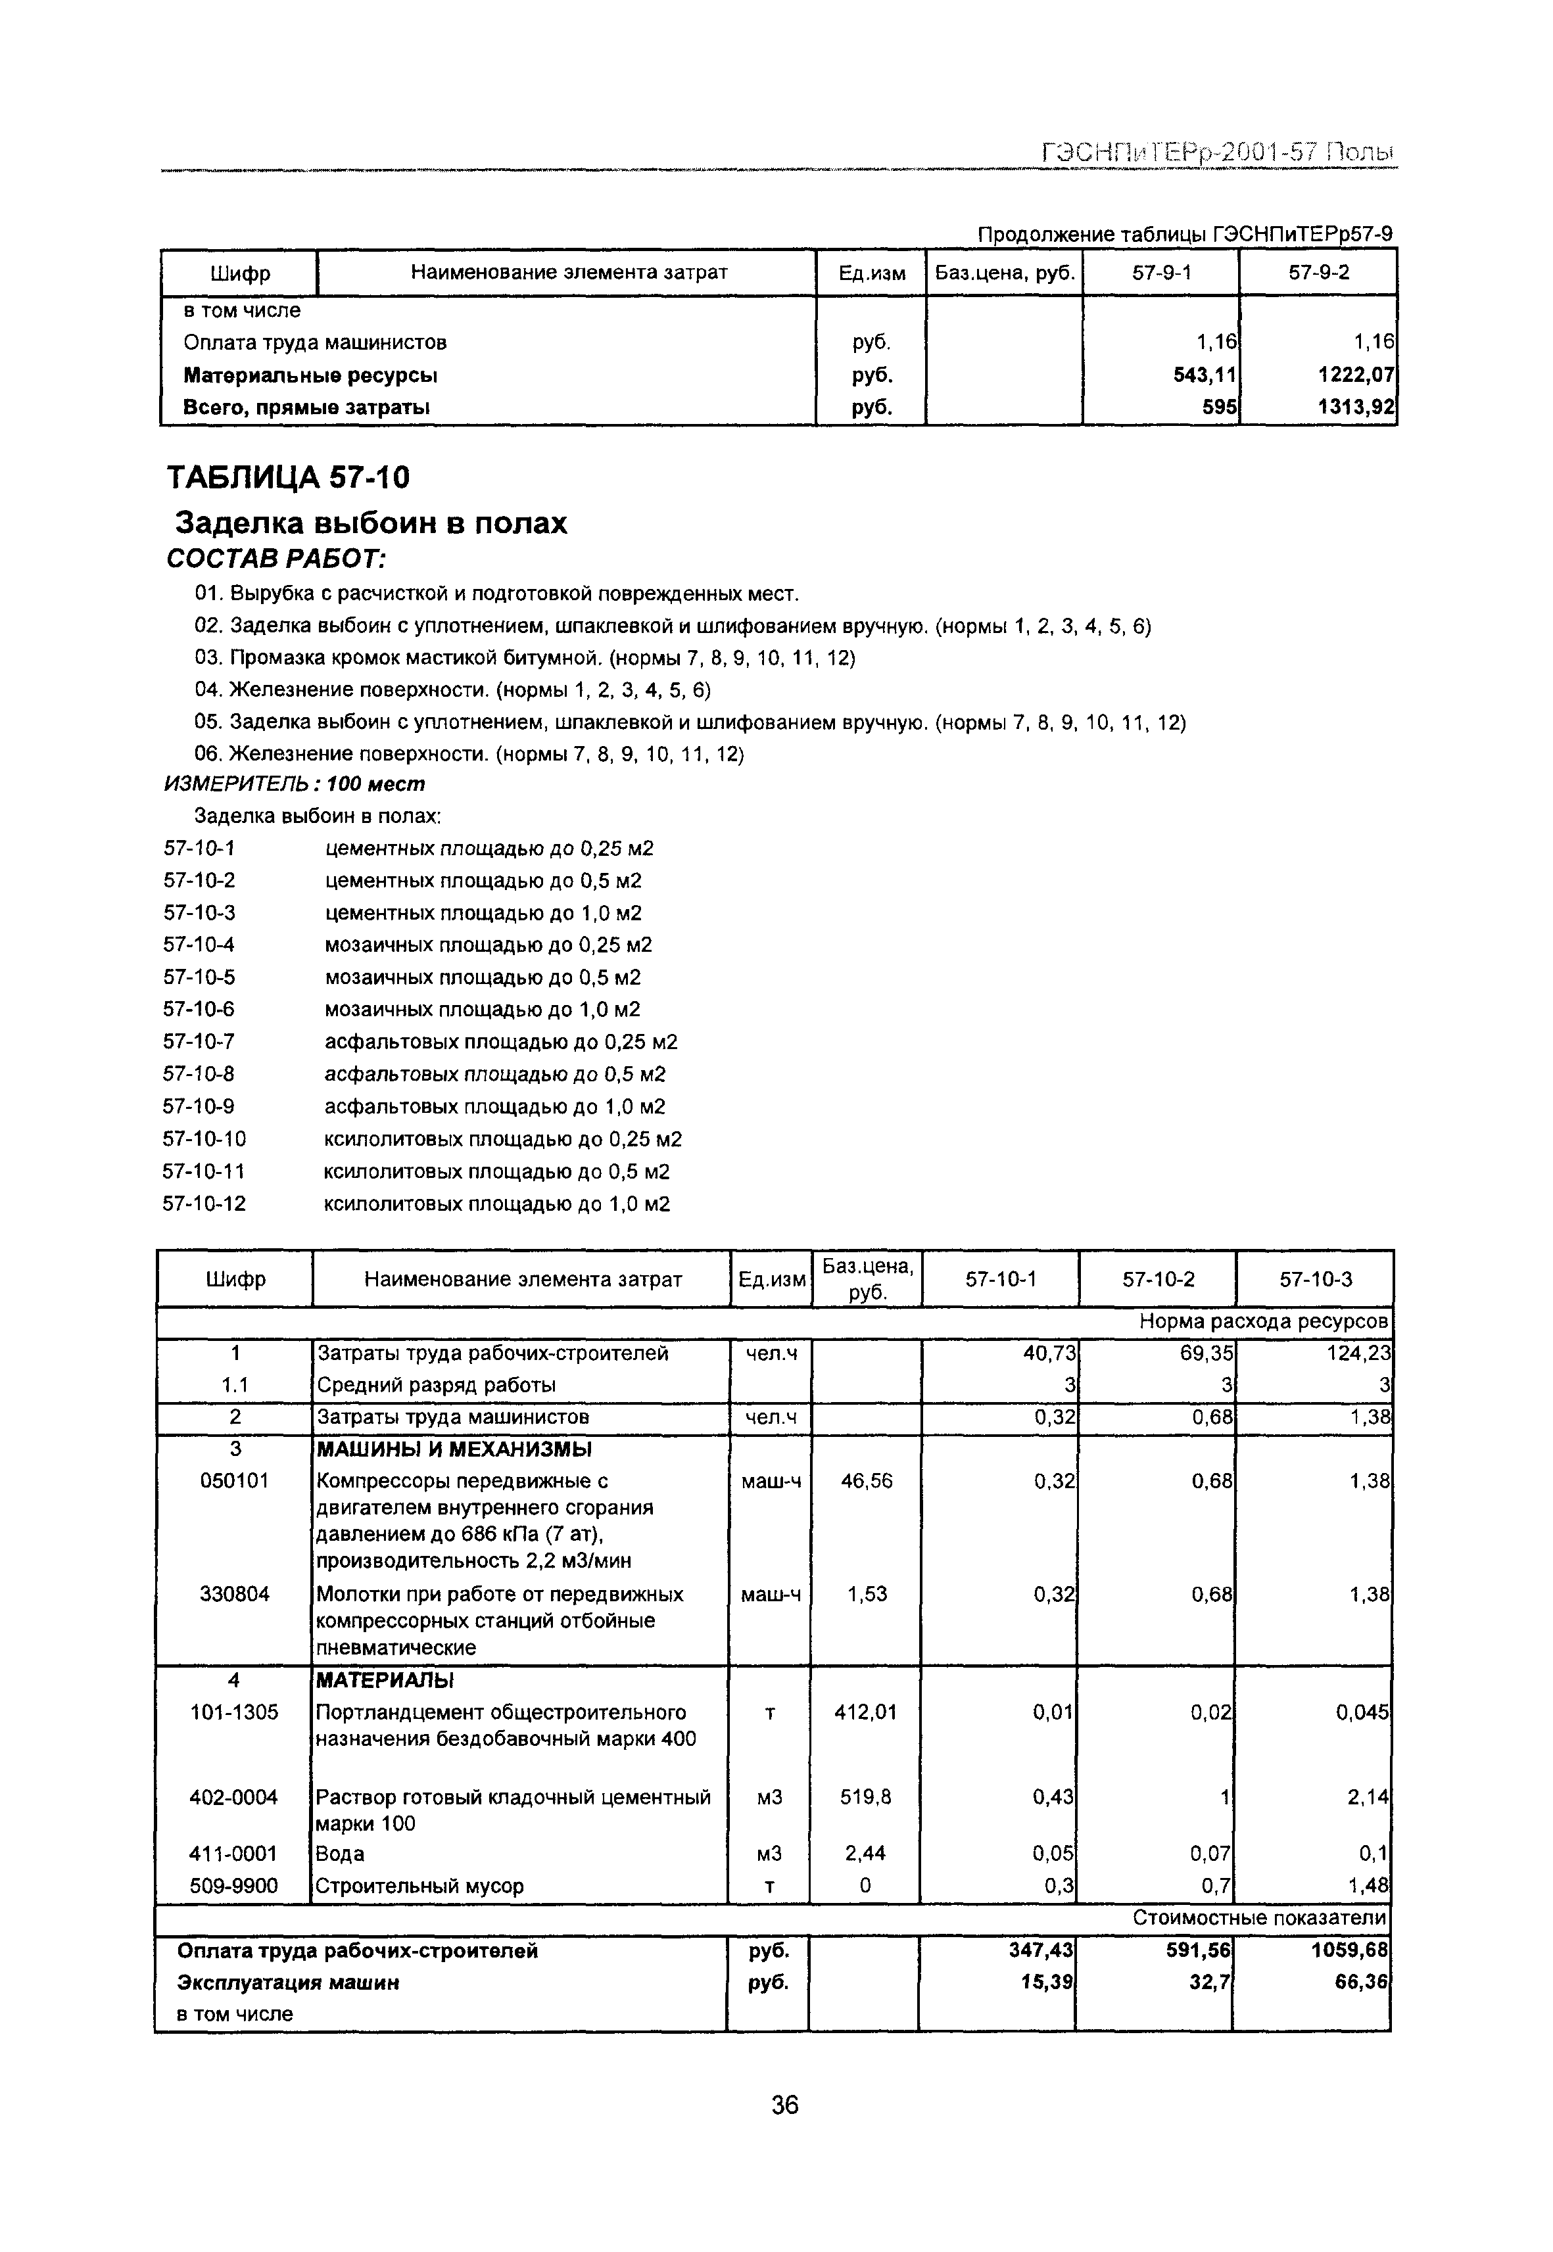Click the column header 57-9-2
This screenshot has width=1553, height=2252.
click(x=1318, y=272)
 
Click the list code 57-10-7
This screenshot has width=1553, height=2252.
click(x=199, y=1042)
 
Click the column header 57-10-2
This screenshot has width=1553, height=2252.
click(x=1157, y=1279)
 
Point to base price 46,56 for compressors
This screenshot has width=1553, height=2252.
click(x=865, y=1480)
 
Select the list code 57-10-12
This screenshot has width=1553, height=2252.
click(x=204, y=1204)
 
